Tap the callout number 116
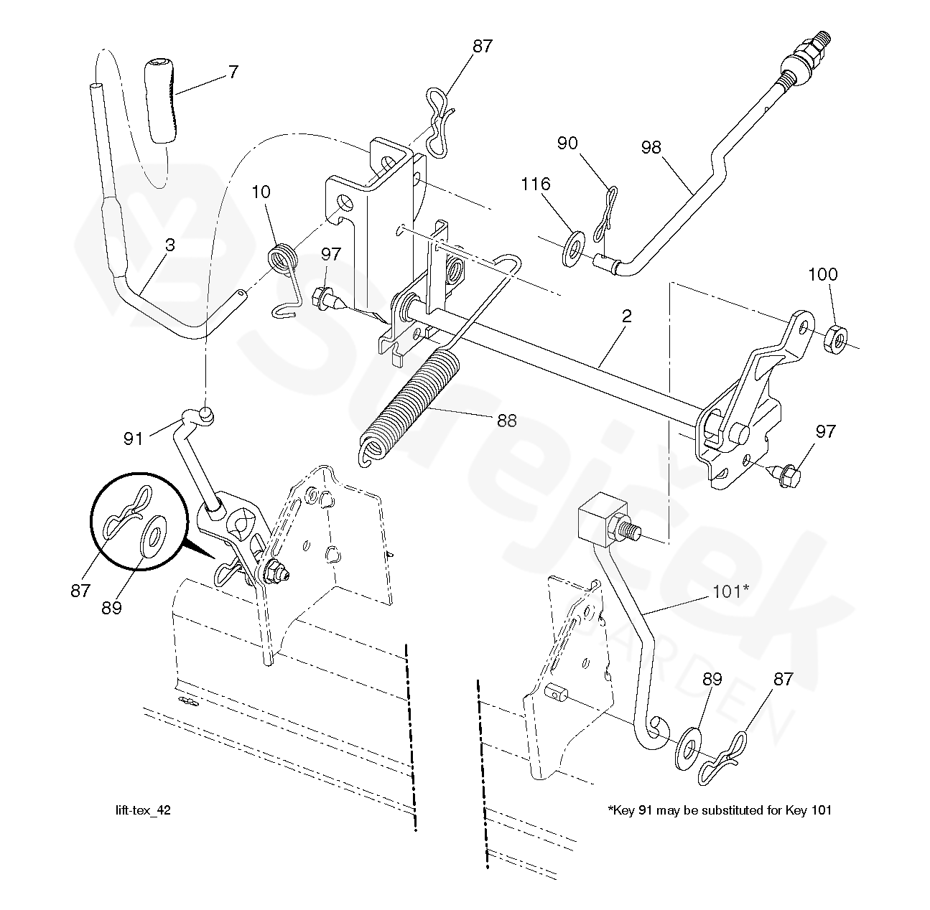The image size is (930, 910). pos(536,184)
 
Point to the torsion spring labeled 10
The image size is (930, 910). pos(284,281)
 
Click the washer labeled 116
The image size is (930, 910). pos(573,248)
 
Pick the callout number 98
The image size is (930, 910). pos(651,147)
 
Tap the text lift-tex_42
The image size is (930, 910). pos(143,810)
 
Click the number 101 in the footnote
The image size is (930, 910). pos(821,810)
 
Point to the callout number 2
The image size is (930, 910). pos(626,316)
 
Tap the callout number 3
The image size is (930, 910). pos(170,245)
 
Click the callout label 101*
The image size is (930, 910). pos(730,591)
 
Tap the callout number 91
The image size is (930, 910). pos(133,438)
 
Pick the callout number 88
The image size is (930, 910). pos(507,421)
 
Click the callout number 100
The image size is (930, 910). pos(823,274)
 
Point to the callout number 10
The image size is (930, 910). pos(261,192)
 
